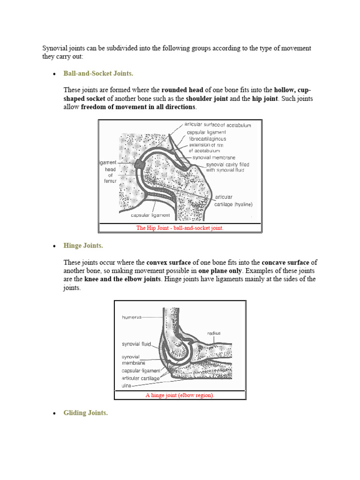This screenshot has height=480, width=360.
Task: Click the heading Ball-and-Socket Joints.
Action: click(98, 74)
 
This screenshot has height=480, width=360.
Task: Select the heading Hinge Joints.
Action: click(83, 246)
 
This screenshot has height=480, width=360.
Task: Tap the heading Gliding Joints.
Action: click(85, 413)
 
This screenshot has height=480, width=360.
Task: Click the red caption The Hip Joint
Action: click(180, 228)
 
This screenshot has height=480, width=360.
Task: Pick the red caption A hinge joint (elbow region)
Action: click(180, 395)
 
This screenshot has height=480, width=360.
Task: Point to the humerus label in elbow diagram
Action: click(131, 317)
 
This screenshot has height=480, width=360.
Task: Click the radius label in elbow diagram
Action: click(213, 333)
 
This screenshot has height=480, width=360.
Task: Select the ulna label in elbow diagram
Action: click(127, 385)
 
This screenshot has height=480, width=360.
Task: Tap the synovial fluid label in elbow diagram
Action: click(136, 344)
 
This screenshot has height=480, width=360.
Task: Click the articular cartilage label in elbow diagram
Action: click(141, 378)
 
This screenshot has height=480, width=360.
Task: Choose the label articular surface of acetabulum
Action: click(218, 125)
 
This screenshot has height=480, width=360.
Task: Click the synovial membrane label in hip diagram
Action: click(214, 157)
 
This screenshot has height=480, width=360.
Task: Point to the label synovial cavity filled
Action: click(228, 165)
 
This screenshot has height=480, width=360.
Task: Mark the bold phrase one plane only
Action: click(219, 271)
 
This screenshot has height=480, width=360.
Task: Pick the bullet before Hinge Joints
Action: click(54, 246)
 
